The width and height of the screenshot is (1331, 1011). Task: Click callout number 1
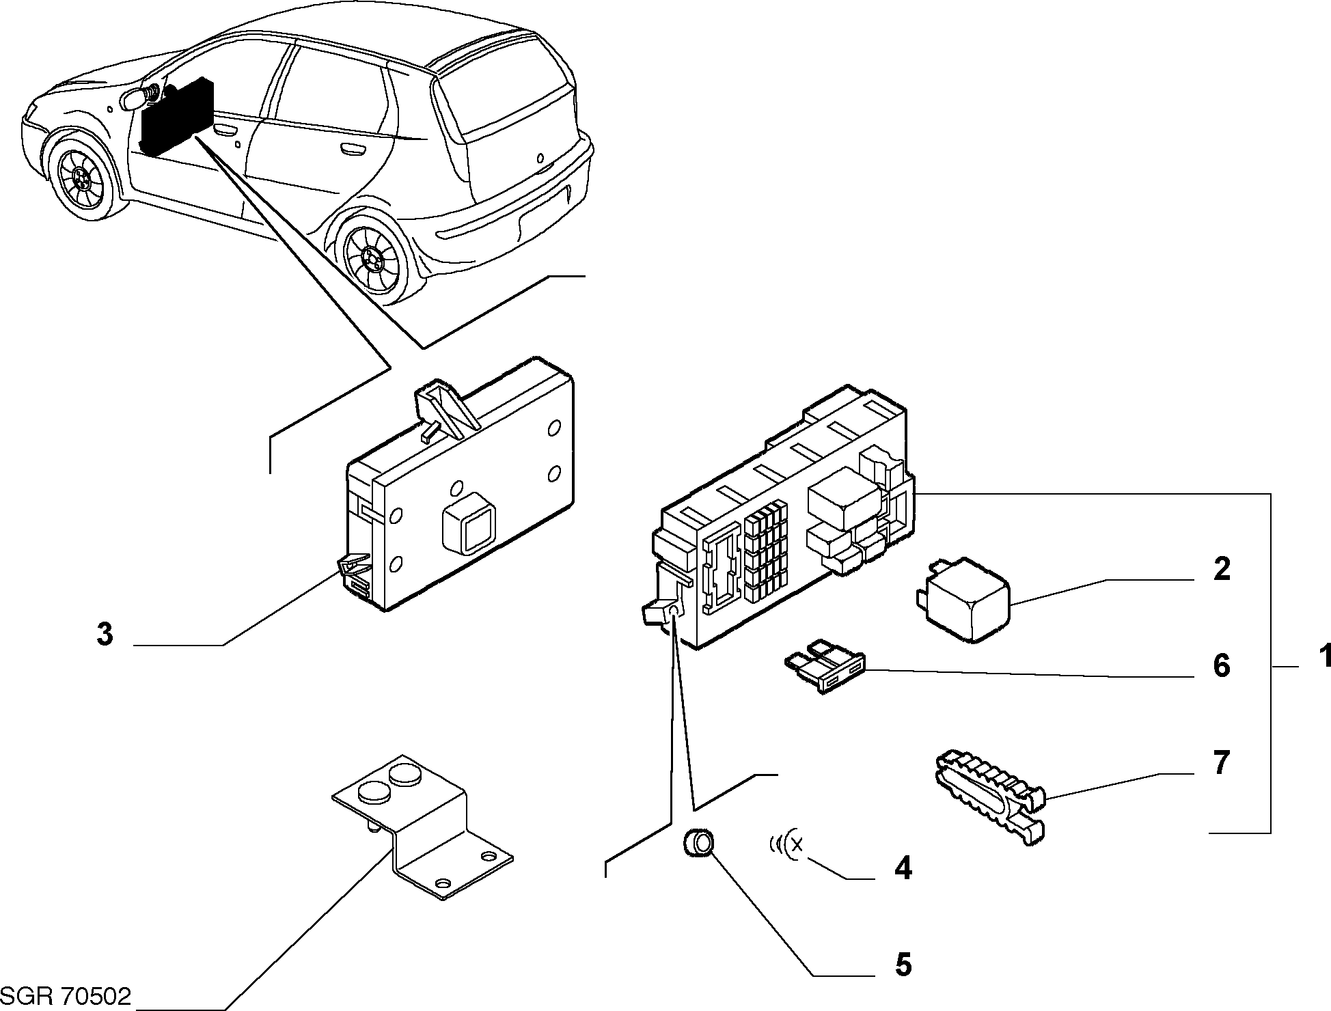[1323, 658]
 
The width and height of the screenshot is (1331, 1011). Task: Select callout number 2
[1221, 569]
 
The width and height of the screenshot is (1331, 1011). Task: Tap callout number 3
[104, 635]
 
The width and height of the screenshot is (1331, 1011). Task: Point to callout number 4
[903, 868]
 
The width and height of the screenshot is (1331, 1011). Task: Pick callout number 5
[903, 965]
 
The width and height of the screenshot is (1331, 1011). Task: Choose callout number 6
[1221, 666]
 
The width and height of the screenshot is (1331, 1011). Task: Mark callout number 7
[1222, 763]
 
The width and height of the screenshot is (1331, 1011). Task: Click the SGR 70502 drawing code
[66, 997]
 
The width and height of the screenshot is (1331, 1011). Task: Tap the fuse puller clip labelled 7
[989, 797]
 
